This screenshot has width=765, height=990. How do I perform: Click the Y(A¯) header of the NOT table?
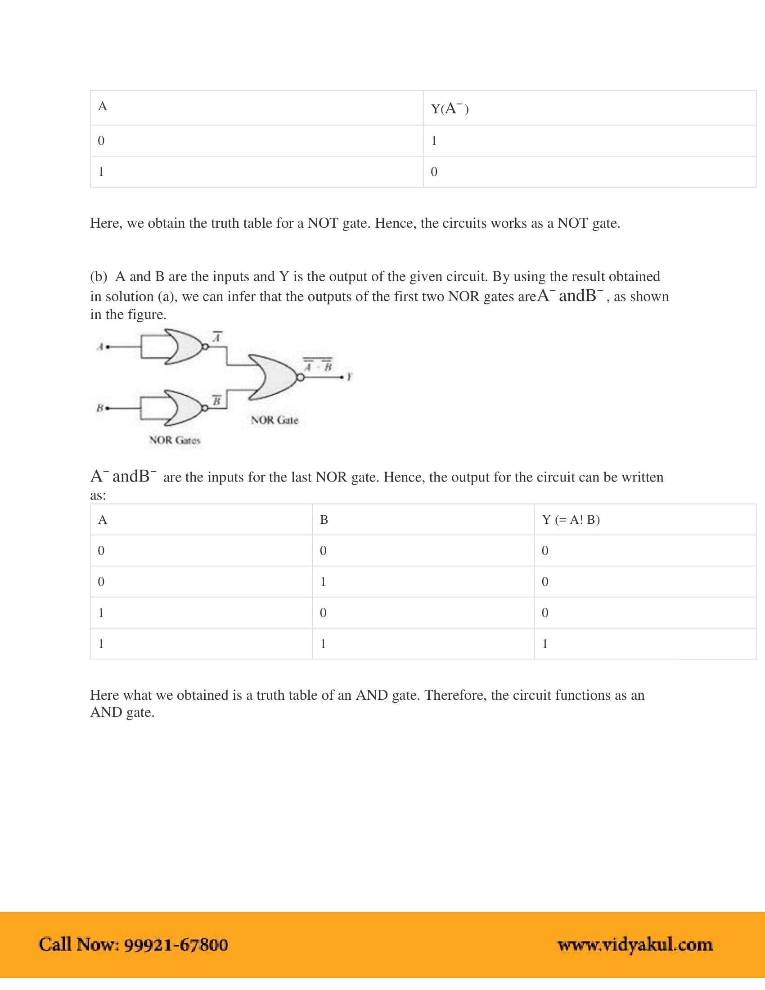[x=450, y=108]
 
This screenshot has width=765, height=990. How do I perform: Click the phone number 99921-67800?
[x=176, y=945]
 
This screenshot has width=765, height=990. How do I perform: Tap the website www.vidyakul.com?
[x=635, y=945]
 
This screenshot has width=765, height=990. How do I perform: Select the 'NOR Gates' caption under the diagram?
[x=175, y=440]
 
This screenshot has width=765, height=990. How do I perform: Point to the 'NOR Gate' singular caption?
[x=274, y=420]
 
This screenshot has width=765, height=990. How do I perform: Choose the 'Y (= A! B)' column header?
[x=571, y=519]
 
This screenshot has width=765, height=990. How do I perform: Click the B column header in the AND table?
[x=324, y=519]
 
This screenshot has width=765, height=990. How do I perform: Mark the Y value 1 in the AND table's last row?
[x=545, y=643]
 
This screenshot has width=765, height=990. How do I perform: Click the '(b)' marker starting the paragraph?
[x=99, y=276]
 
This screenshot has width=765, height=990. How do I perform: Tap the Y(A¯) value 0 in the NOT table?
[x=434, y=172]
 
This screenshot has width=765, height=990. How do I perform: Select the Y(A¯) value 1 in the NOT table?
[x=434, y=141]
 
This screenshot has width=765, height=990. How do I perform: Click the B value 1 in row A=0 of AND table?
[x=323, y=581]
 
